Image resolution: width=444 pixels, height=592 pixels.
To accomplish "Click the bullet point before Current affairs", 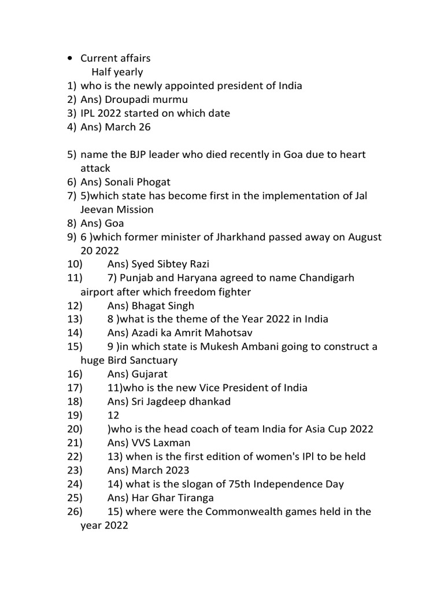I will tap(70, 58).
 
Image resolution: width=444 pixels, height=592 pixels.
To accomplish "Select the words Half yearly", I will tap(117, 72).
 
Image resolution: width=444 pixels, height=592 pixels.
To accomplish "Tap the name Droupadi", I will tap(128, 99).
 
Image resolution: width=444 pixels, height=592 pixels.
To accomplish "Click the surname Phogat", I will tap(153, 182).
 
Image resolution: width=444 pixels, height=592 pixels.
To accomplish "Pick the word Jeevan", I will tap(99, 210).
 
